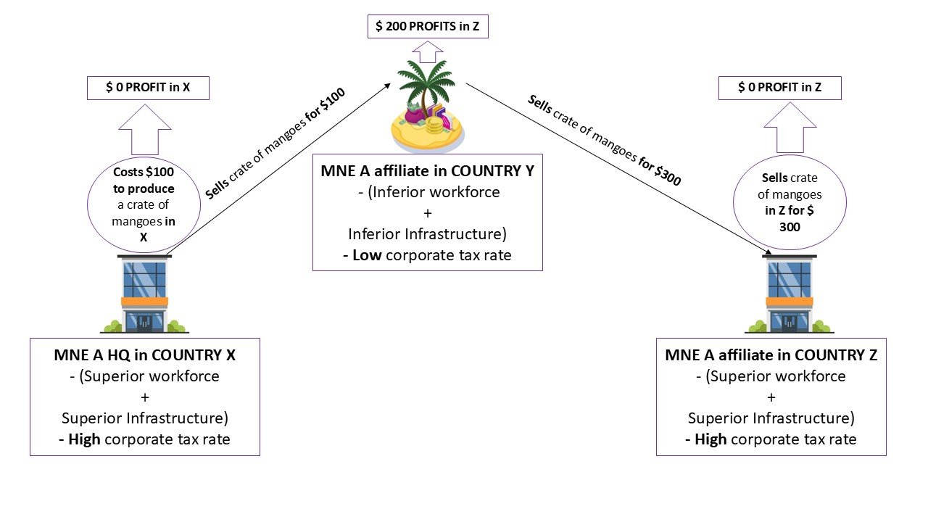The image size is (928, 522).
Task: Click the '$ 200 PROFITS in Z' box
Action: (428, 28)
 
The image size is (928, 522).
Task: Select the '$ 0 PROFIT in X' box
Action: (148, 88)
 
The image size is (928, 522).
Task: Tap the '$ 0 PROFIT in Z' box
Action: (779, 88)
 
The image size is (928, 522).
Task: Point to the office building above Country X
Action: (145, 294)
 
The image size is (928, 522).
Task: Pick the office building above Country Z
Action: (790, 294)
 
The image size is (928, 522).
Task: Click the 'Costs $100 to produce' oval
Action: (144, 206)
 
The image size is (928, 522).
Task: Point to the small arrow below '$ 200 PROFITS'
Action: (428, 52)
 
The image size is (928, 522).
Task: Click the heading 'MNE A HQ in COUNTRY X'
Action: (144, 355)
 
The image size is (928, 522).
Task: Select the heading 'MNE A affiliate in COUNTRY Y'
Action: (427, 172)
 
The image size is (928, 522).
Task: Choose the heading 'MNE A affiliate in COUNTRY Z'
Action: (771, 355)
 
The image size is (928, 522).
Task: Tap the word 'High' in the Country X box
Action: (84, 439)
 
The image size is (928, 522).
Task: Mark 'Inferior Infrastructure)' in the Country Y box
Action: (427, 234)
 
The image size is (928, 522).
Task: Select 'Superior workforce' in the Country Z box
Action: (776, 376)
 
